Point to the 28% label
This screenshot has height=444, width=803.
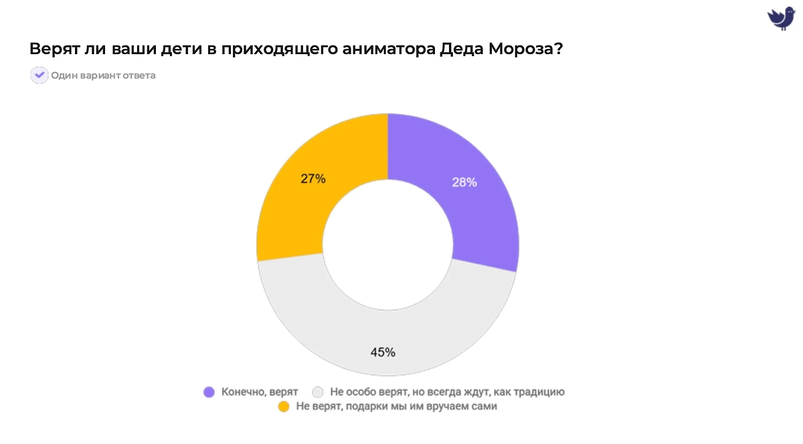(x=464, y=182)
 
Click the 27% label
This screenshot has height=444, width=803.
(x=313, y=179)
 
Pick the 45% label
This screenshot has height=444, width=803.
(x=383, y=352)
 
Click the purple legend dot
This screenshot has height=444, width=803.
(x=209, y=392)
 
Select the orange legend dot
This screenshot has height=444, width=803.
(x=283, y=406)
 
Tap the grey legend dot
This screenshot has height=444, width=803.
(x=318, y=392)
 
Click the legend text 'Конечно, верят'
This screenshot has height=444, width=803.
(x=260, y=392)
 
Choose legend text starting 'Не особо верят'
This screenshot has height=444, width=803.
(x=447, y=392)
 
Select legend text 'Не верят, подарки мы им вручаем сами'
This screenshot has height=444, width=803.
(x=396, y=406)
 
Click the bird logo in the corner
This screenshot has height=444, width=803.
(x=780, y=17)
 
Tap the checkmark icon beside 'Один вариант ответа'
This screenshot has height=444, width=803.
(x=39, y=75)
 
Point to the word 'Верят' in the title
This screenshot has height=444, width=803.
(x=52, y=49)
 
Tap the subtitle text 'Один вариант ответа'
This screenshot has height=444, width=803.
(x=103, y=76)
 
